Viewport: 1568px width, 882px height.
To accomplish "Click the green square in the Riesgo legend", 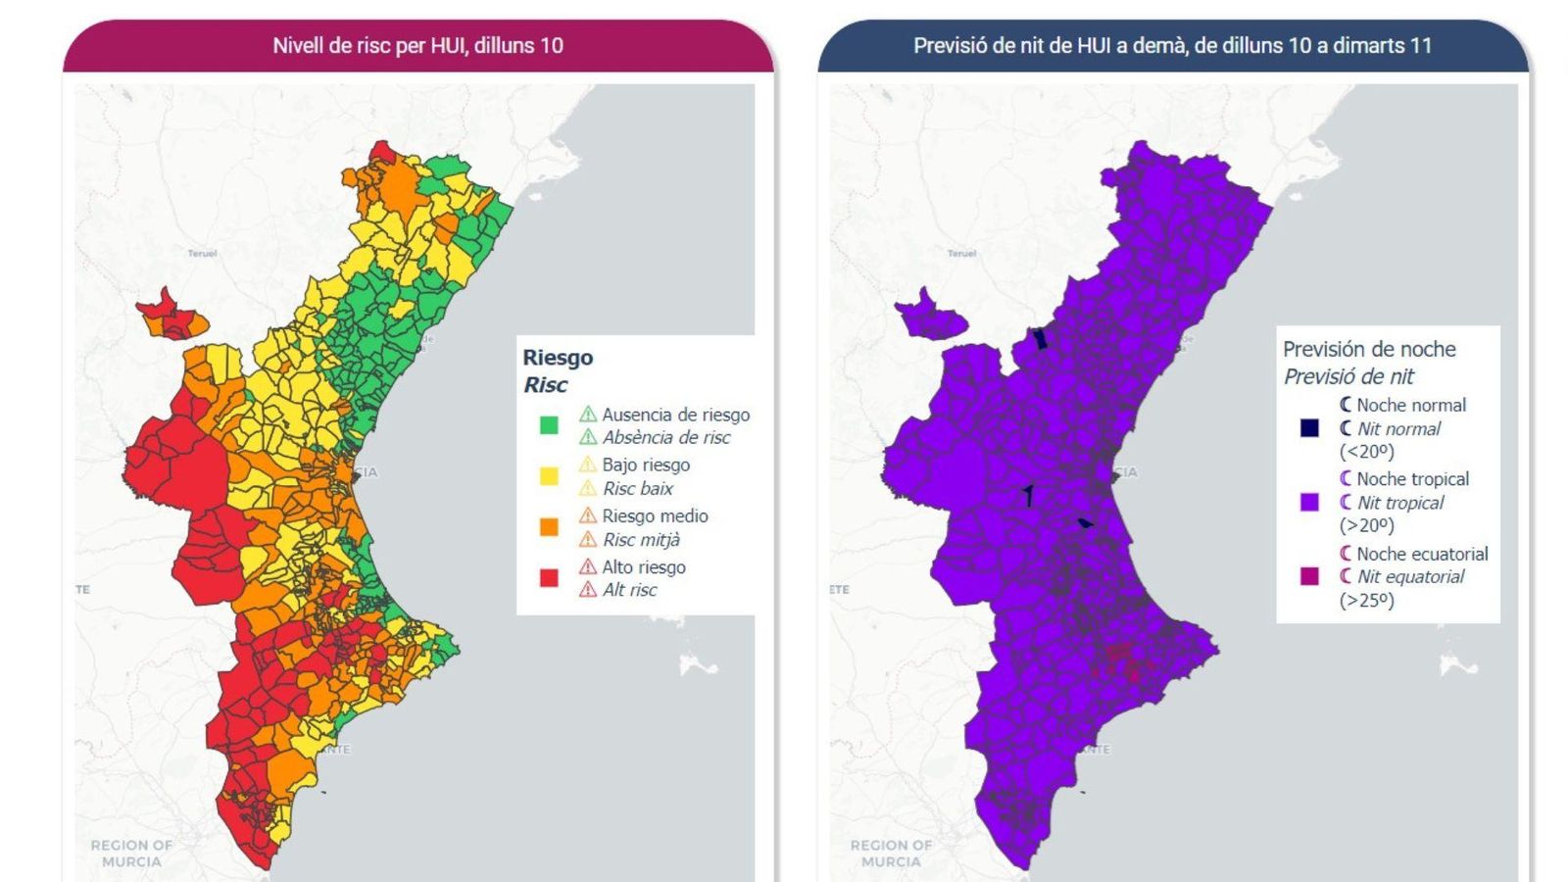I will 549,425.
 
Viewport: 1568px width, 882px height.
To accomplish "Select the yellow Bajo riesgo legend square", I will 549,476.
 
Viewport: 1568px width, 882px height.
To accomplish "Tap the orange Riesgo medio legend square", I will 549,527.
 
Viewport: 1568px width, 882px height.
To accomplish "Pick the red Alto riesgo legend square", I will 549,578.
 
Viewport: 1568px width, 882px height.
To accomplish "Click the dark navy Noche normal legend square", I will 1309,427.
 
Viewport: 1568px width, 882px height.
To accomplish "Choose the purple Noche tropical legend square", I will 1309,502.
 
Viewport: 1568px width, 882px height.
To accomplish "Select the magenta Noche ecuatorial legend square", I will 1309,576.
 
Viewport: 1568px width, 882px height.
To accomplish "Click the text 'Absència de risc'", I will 665,438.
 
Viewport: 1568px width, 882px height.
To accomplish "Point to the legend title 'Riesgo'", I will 558,358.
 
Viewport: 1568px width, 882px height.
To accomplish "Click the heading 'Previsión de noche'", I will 1369,349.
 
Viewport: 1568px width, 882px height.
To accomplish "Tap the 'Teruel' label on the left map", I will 202,253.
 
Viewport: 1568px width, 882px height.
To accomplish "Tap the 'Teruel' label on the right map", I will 961,253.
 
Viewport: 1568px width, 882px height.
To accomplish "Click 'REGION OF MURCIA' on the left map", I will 131,853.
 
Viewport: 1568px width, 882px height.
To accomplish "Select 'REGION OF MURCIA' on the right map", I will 891,853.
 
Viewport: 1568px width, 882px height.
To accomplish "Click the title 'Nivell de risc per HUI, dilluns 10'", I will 417,45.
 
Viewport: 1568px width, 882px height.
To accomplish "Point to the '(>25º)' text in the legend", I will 1366,600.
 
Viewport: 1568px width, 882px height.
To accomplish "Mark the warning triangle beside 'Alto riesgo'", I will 587,566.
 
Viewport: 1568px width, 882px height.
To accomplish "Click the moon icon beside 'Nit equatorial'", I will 1346,576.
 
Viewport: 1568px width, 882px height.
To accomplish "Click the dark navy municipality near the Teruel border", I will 1041,339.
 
